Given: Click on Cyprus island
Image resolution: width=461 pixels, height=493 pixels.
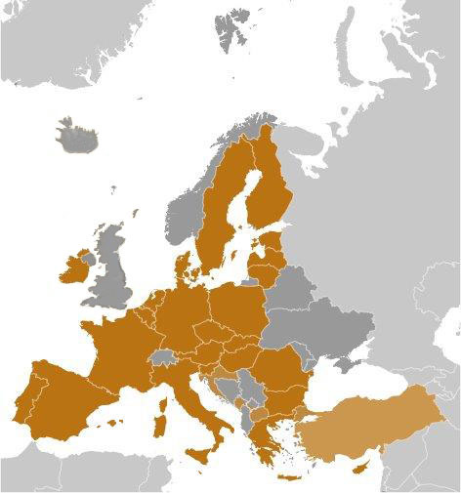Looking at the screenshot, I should (359, 471).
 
